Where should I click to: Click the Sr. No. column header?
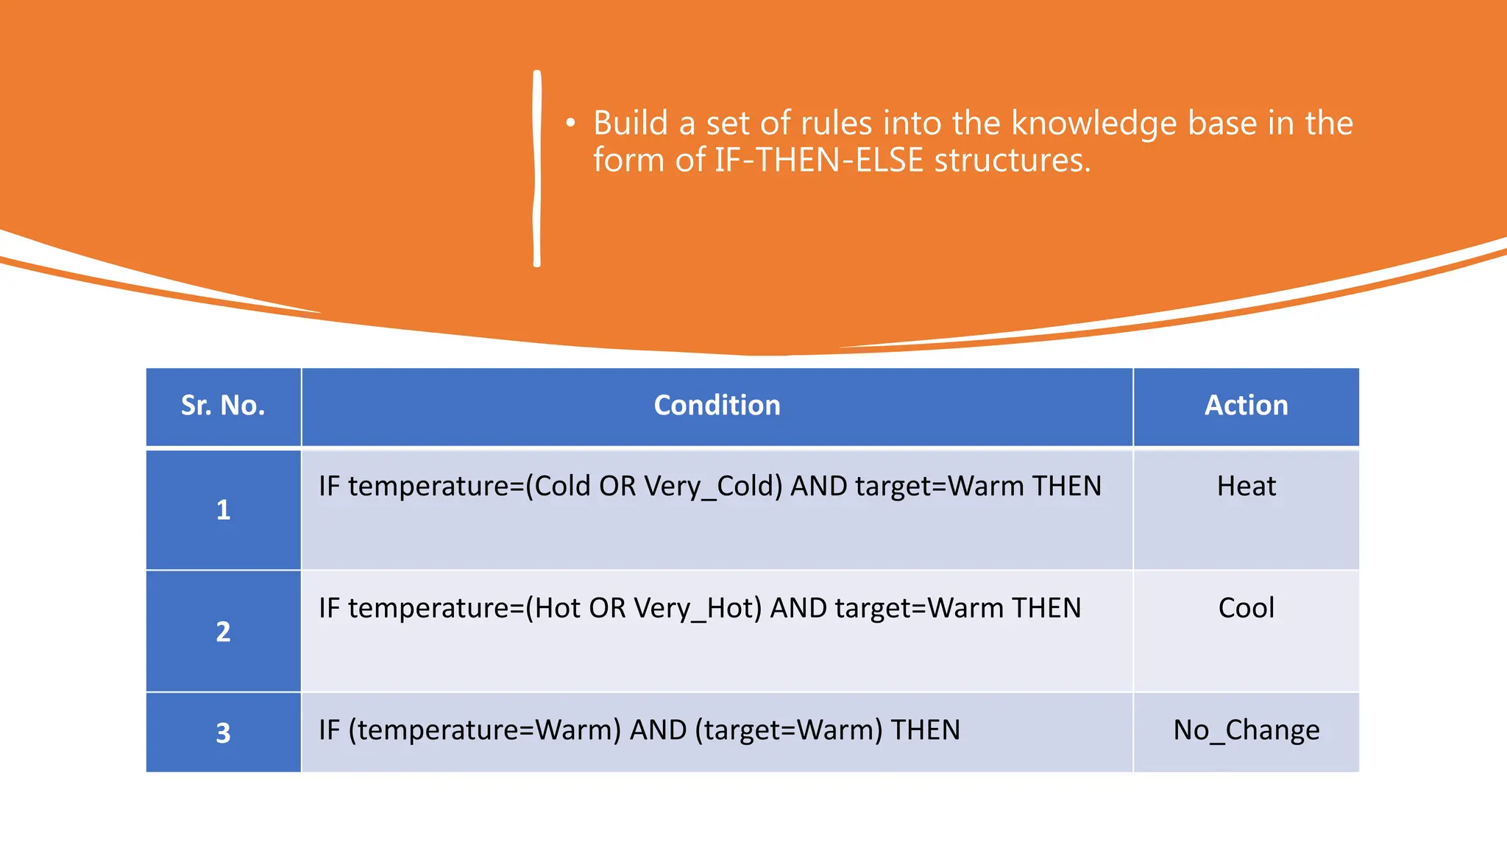click(x=223, y=406)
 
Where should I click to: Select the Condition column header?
click(x=717, y=406)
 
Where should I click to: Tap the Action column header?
click(x=1246, y=406)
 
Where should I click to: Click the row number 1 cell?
click(x=223, y=509)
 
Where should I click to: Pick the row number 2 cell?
click(x=223, y=631)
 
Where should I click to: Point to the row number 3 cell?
click(x=223, y=732)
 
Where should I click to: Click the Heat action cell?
click(x=1246, y=487)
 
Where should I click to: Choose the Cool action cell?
click(x=1246, y=608)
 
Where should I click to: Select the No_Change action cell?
click(x=1246, y=730)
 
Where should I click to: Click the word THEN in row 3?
click(x=925, y=730)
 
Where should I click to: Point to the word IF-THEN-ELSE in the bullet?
click(x=818, y=160)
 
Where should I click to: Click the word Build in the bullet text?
click(x=631, y=123)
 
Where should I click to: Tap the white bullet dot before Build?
click(x=570, y=124)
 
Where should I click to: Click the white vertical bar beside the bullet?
click(x=537, y=169)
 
